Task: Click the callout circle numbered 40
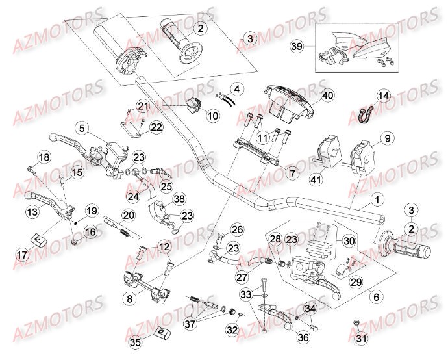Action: [x=327, y=96]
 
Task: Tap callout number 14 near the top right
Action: [x=384, y=96]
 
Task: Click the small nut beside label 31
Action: [x=357, y=322]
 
